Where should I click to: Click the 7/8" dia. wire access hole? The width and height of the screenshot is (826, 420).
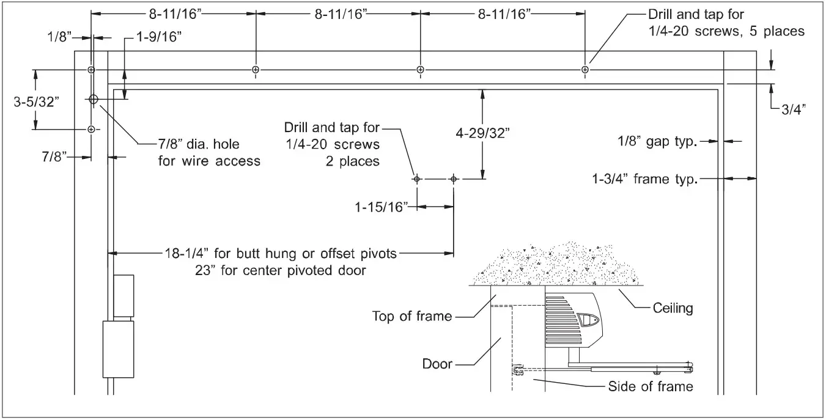(93, 99)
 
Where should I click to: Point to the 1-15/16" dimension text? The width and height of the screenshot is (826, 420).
(382, 207)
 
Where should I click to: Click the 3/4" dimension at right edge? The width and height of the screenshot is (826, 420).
(793, 109)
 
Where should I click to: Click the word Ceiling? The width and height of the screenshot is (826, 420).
(672, 308)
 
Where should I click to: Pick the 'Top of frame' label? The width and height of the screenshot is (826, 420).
(412, 316)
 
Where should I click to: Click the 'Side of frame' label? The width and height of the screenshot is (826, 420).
(651, 386)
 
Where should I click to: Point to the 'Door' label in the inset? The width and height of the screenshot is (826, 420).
(437, 364)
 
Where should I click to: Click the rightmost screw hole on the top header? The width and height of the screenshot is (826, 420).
(585, 70)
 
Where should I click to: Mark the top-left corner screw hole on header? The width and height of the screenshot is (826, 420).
(91, 70)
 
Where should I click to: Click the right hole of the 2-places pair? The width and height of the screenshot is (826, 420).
(453, 179)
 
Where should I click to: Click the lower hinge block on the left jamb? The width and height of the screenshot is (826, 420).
(118, 349)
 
